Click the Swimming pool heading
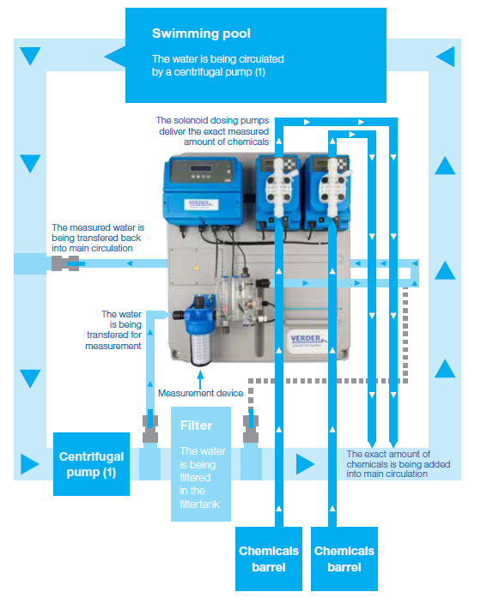click(x=201, y=33)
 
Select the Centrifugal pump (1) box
click(x=91, y=464)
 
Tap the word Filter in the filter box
click(x=197, y=426)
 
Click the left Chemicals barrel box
click(x=269, y=559)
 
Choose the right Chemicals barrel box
click(x=344, y=559)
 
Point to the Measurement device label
click(x=200, y=393)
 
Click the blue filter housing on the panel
click(x=200, y=329)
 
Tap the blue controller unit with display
click(x=204, y=190)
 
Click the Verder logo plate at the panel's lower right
click(x=307, y=340)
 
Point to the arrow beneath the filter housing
click(x=200, y=379)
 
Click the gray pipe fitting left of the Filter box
click(x=150, y=429)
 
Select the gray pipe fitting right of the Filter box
click(x=251, y=429)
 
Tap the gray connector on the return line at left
click(x=65, y=263)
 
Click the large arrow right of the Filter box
click(x=305, y=464)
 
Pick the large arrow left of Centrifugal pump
click(x=30, y=464)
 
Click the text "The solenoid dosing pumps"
click(x=212, y=121)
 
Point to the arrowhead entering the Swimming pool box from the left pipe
click(x=115, y=57)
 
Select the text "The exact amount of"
click(x=388, y=454)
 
